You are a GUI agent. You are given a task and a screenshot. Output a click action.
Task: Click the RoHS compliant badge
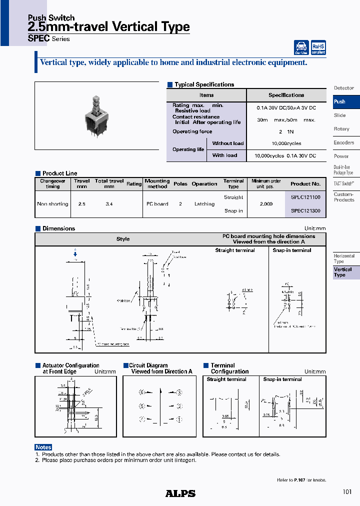(318, 48)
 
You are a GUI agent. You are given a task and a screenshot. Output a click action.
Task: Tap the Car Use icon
(301, 48)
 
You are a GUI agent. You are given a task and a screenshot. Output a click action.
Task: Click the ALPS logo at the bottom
(180, 493)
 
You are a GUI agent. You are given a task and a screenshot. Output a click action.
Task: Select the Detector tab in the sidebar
(344, 88)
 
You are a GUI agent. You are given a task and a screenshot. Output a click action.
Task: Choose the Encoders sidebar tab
(344, 142)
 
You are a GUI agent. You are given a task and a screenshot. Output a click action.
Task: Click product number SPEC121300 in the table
(305, 211)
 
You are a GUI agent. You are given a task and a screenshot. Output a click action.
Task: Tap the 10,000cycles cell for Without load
(286, 143)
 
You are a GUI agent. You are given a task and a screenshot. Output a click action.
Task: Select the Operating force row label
(192, 131)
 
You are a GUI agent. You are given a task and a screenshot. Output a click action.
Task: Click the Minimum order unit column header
(266, 183)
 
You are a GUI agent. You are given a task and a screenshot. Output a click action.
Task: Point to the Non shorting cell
(52, 204)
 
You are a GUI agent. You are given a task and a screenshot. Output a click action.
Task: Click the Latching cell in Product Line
(204, 204)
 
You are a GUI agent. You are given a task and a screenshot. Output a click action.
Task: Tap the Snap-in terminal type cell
(233, 211)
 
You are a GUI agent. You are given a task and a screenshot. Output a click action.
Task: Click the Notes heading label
(43, 447)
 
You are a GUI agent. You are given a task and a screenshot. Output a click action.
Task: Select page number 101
(347, 492)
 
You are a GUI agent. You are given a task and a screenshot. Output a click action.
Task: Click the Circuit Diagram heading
(148, 365)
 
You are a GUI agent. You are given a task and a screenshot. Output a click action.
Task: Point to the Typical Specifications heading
(204, 84)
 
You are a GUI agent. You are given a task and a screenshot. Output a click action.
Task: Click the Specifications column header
(286, 95)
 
